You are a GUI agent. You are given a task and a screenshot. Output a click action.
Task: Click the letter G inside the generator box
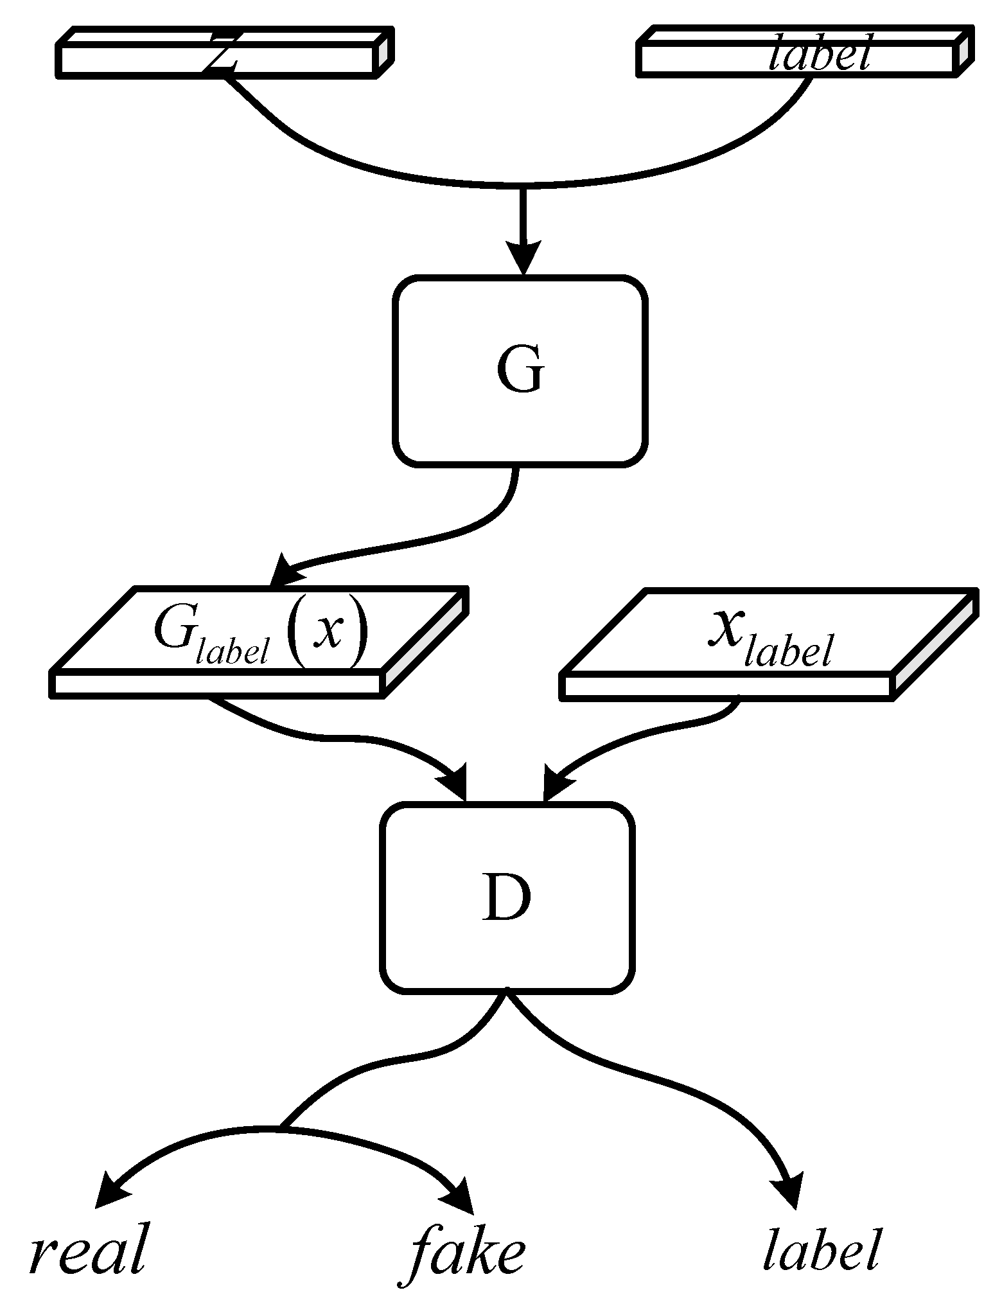[520, 371]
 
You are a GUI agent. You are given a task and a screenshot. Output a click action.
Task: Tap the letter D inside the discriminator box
[506, 898]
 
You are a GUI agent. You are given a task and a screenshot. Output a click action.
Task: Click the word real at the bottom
[89, 1249]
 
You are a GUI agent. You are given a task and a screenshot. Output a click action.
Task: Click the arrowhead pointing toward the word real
[110, 1194]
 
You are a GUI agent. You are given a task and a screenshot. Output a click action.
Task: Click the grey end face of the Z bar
[383, 53]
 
